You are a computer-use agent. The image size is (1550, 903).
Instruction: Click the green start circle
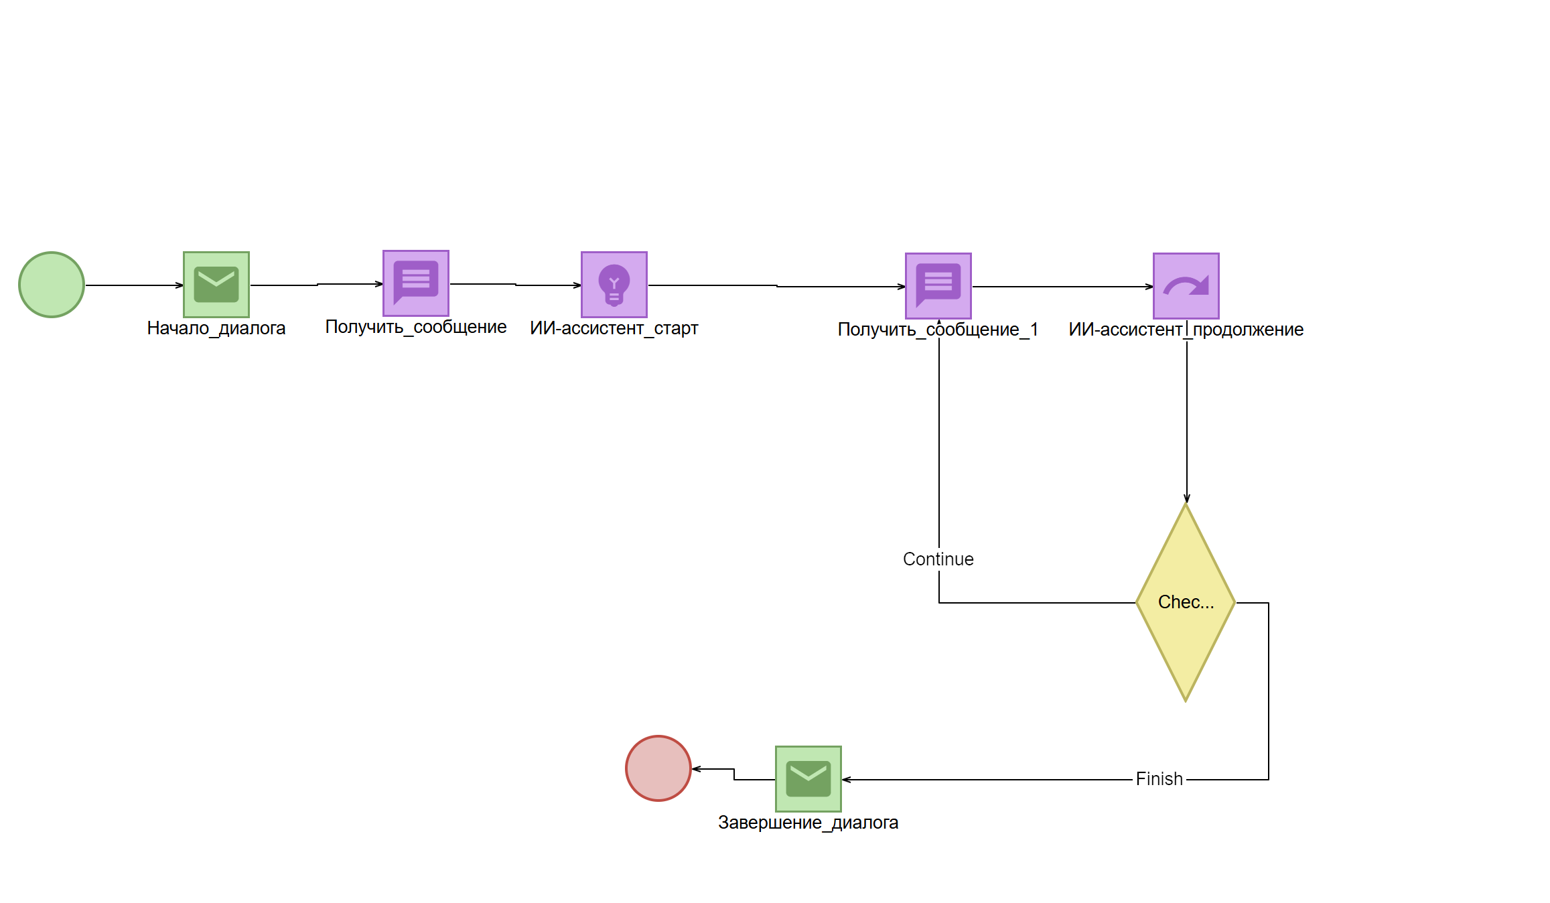pos(52,285)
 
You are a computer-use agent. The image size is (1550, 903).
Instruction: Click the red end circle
pos(658,768)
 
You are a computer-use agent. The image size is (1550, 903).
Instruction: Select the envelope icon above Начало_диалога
pos(216,285)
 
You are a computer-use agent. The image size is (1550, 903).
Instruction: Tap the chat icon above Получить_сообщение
pos(415,283)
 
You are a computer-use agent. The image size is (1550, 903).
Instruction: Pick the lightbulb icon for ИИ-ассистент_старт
pos(614,285)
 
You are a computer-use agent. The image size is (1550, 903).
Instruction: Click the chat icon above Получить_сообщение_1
pos(938,286)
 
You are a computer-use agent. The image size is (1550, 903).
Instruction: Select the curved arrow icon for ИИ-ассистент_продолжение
pos(1186,286)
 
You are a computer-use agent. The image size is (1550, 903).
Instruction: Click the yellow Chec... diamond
pos(1186,602)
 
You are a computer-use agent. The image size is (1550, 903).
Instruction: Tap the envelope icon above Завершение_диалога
pos(808,779)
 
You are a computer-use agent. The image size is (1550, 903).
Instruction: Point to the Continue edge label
pos(938,559)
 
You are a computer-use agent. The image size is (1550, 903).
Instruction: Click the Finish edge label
pos(1159,779)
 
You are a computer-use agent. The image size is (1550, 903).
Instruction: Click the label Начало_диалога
pos(216,328)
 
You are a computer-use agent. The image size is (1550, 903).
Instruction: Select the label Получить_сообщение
pos(415,327)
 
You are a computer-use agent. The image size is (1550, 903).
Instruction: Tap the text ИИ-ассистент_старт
pos(614,328)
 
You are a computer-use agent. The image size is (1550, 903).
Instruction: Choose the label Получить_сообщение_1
pos(938,330)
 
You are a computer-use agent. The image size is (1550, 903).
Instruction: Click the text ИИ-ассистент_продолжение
pos(1186,330)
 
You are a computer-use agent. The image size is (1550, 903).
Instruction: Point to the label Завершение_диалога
pos(808,823)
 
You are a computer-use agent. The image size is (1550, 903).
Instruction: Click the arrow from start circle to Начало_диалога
pos(134,285)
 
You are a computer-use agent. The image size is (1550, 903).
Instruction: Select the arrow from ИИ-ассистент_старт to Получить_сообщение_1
pos(777,286)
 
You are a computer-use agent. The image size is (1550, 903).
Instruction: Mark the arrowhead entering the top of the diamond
pos(1186,498)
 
